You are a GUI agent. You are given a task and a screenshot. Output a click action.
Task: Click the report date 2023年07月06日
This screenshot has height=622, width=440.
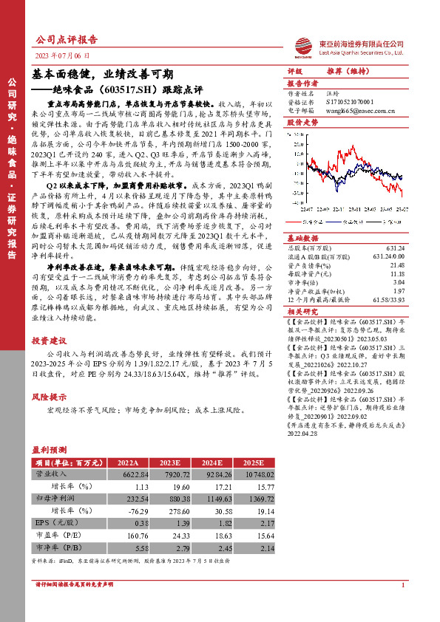(63, 55)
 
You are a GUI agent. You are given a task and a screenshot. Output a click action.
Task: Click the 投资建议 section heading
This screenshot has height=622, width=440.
(49, 341)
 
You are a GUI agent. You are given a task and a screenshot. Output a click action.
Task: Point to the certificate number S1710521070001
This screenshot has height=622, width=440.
(353, 103)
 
